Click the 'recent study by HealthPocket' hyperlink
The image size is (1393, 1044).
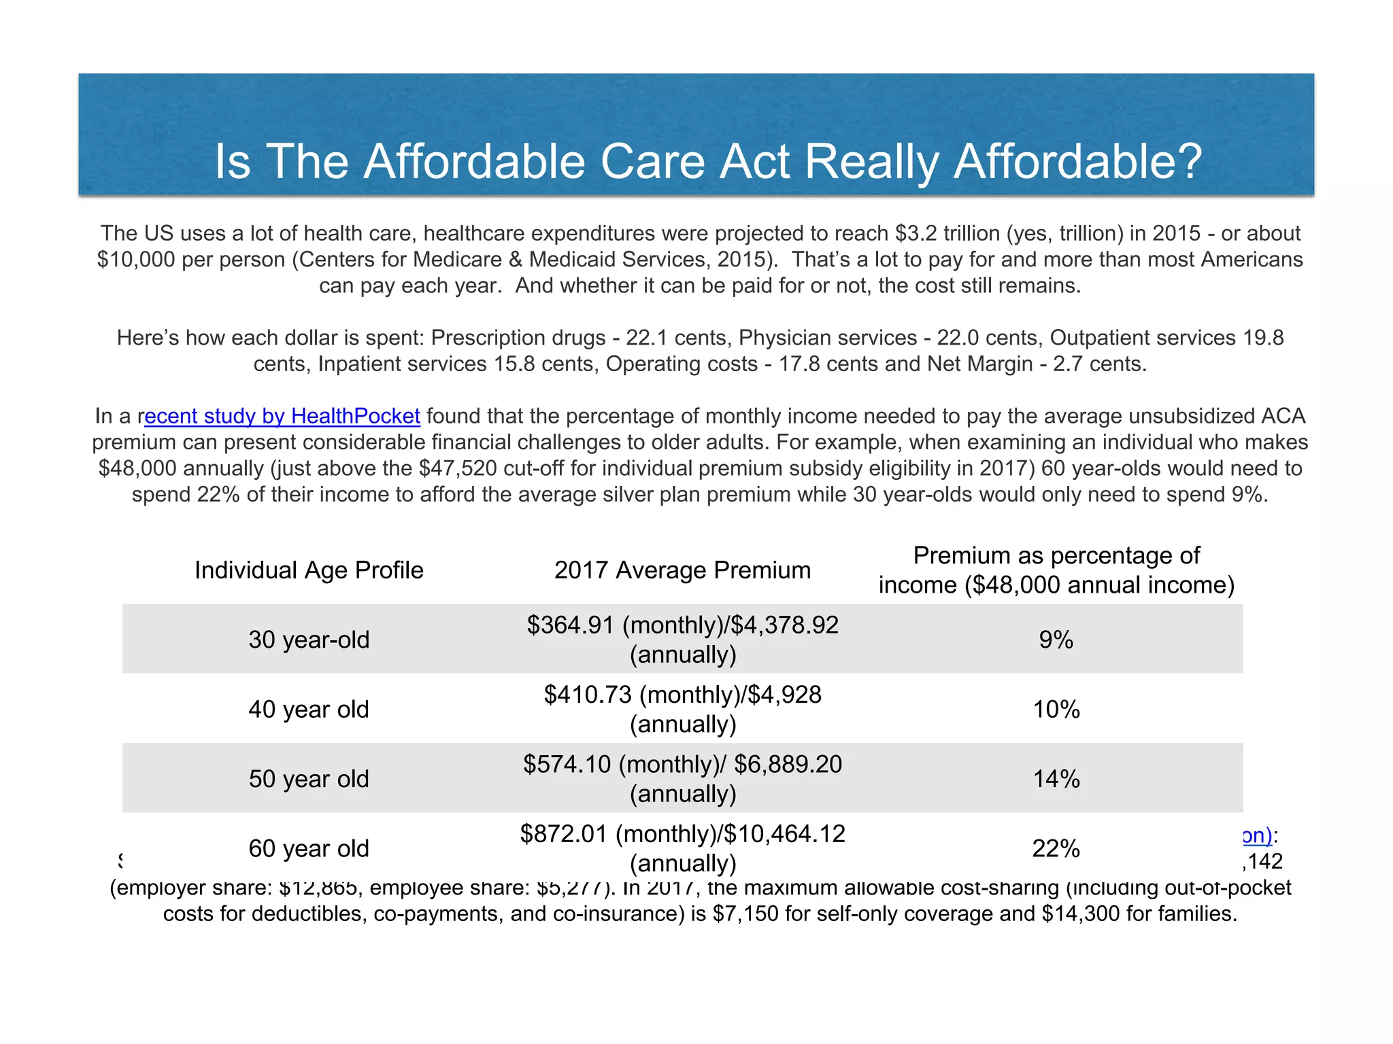[x=282, y=416]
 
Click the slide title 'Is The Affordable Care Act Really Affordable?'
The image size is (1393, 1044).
[x=708, y=162]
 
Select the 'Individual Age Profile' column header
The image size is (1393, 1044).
[x=309, y=570]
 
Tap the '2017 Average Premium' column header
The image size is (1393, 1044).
[x=682, y=570]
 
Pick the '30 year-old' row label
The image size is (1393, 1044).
[x=309, y=640]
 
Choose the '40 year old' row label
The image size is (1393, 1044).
[x=309, y=710]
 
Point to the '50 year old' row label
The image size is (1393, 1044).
[x=309, y=779]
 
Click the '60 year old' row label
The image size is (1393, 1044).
[x=309, y=849]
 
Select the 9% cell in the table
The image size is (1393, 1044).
[x=1056, y=640]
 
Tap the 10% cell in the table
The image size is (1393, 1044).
[x=1056, y=710]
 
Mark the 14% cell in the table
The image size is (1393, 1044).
[x=1056, y=779]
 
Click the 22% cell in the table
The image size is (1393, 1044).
[x=1056, y=849]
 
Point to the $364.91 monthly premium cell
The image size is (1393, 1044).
[x=682, y=640]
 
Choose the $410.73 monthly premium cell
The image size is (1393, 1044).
[x=682, y=710]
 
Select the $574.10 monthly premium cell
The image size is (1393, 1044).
[x=682, y=779]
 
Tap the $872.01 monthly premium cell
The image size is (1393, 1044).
[x=682, y=849]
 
